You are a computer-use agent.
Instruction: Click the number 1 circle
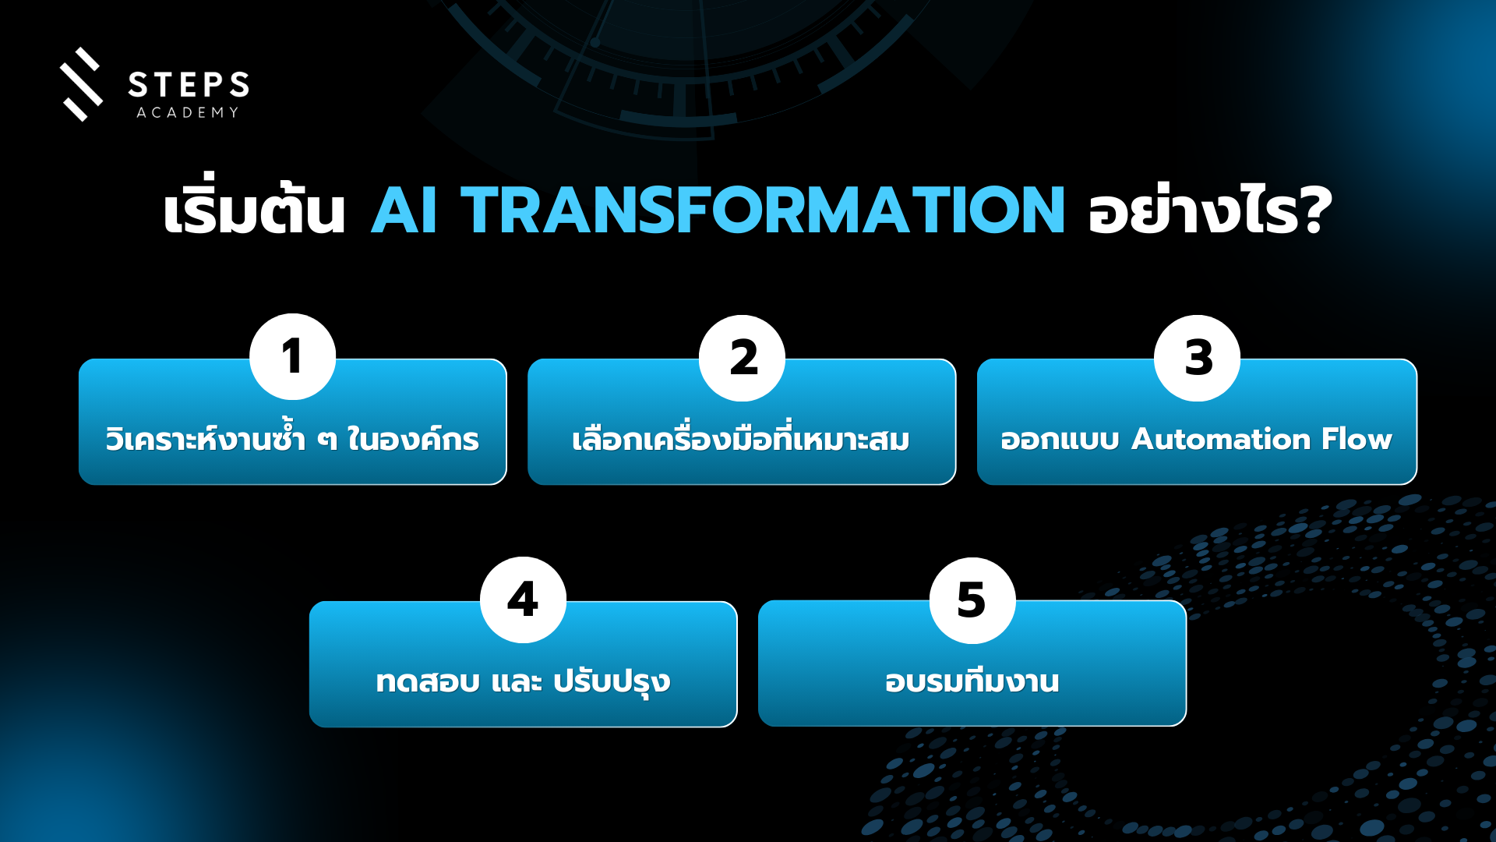pyautogui.click(x=292, y=357)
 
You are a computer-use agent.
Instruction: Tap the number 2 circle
pyautogui.click(x=742, y=358)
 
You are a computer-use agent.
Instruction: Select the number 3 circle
pyautogui.click(x=1197, y=358)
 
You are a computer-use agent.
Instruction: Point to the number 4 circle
pyautogui.click(x=523, y=600)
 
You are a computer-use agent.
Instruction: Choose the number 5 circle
pyautogui.click(x=972, y=600)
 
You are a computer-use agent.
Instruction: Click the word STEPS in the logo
pyautogui.click(x=189, y=84)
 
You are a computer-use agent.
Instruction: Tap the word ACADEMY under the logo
pyautogui.click(x=188, y=112)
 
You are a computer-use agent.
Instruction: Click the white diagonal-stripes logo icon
pyautogui.click(x=82, y=84)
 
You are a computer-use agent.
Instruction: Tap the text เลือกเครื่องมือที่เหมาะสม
pyautogui.click(x=741, y=437)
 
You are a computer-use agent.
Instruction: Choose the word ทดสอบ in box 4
pyautogui.click(x=428, y=681)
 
